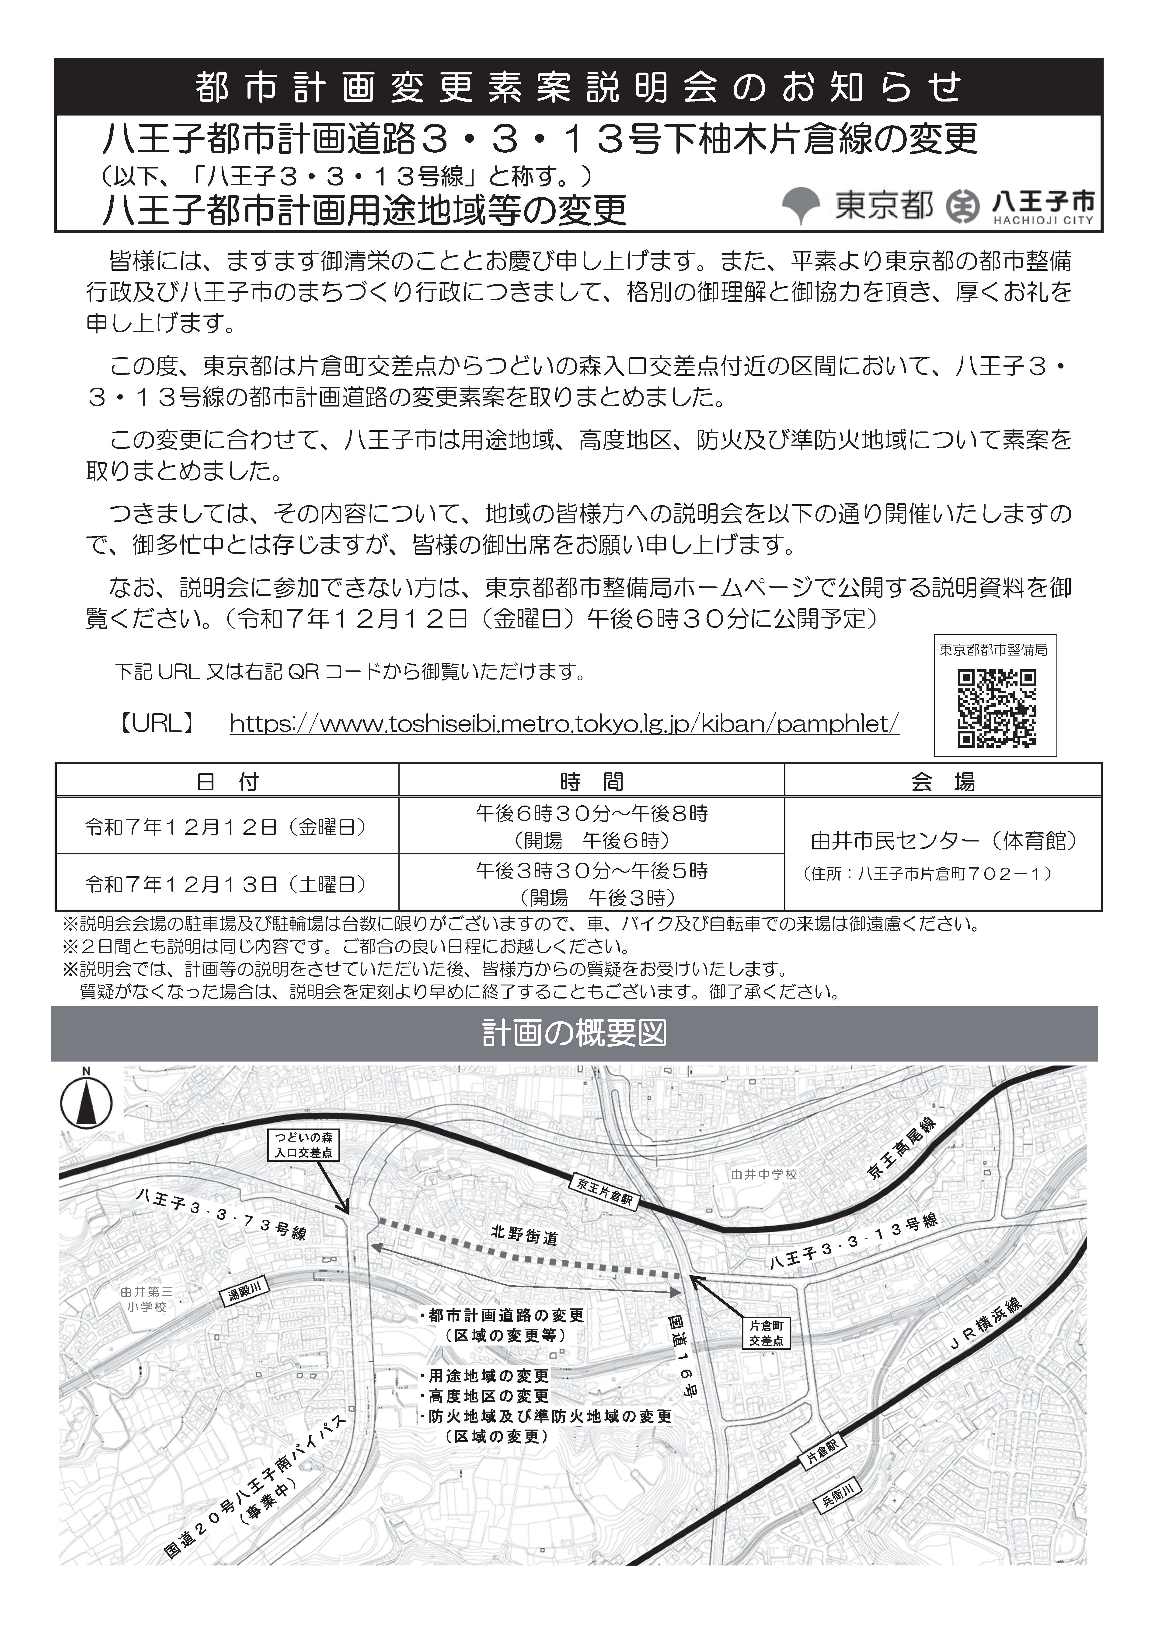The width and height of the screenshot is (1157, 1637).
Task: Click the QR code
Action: click(x=996, y=708)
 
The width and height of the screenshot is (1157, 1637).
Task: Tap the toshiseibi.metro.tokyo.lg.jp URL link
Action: click(x=564, y=724)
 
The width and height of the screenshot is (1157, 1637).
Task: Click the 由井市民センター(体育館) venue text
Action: click(x=943, y=841)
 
